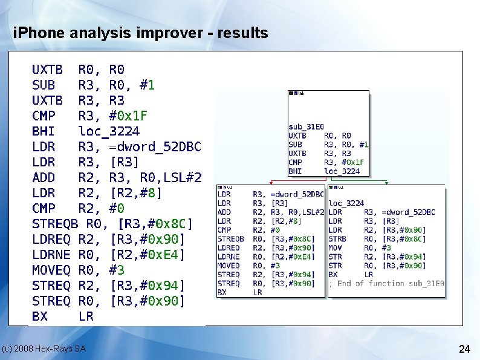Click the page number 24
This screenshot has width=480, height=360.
tap(464, 349)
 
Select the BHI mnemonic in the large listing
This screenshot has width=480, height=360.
tap(43, 131)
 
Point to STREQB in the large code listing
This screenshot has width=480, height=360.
tap(54, 224)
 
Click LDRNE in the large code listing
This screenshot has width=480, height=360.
tap(51, 255)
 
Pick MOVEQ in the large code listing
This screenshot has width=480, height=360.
tap(51, 270)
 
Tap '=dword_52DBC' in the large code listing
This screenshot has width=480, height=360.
tap(155, 147)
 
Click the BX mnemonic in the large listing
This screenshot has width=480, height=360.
tap(39, 316)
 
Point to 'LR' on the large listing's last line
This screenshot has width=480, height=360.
tap(86, 316)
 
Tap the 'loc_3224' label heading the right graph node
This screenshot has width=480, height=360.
tap(346, 203)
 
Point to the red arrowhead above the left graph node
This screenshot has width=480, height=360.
tap(271, 183)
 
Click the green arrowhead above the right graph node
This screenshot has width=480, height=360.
tap(386, 183)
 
